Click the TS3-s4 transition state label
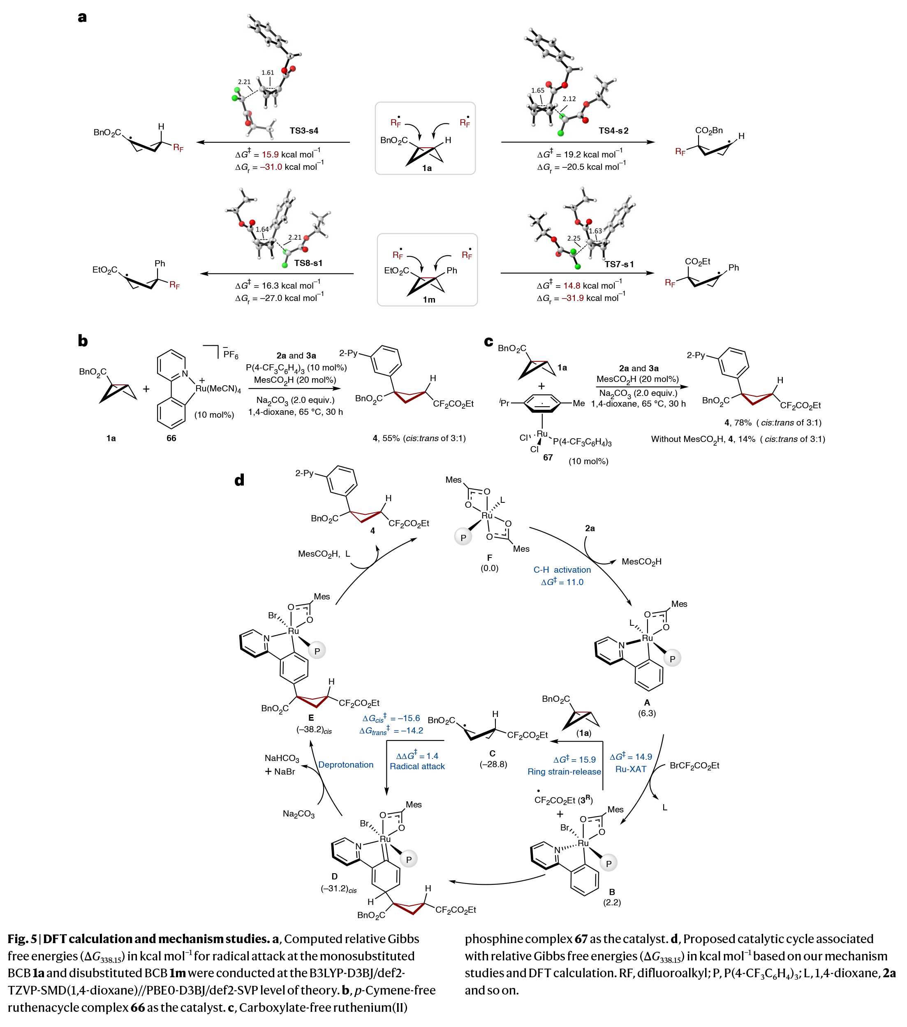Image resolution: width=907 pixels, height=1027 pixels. pos(303,131)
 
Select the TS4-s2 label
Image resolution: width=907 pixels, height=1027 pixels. pos(613,131)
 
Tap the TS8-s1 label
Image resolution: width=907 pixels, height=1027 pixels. pos(308,263)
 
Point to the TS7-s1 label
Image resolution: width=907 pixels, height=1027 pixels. pos(619,264)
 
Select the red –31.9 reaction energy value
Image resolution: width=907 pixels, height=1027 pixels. pos(573,298)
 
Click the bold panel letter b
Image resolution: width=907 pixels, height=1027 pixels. pos(82,341)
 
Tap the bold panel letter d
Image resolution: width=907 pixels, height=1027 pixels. pos(239,480)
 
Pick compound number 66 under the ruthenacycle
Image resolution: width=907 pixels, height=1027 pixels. pos(171,438)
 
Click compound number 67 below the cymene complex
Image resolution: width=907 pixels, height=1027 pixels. pos(548,457)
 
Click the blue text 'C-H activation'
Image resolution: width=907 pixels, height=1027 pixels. pos(562,570)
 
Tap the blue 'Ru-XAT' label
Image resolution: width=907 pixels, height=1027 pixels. pos(631,769)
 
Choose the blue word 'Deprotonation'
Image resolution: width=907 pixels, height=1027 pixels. pos(346,765)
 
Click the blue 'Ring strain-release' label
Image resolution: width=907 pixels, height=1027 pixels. pos(564,771)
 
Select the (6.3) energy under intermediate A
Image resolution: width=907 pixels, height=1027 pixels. pos(647,713)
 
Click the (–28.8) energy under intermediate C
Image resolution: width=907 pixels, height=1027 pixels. pos(493,764)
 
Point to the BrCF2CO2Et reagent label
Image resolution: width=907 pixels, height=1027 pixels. pos(694,766)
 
